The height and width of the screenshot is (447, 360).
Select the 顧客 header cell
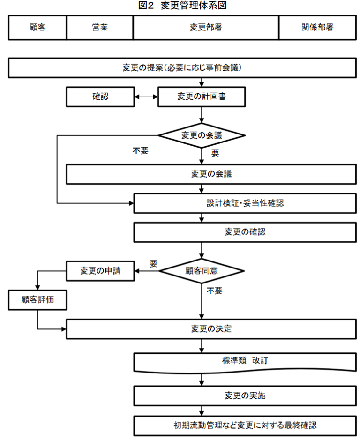(38, 28)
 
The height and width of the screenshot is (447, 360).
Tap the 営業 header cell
(100, 28)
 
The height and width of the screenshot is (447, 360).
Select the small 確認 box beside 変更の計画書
(100, 97)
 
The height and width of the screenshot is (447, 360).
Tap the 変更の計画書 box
(201, 97)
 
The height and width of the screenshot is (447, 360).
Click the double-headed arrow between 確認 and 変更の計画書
(145, 97)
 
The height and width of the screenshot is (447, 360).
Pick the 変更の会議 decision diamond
(201, 135)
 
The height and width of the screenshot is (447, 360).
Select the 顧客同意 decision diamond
(201, 270)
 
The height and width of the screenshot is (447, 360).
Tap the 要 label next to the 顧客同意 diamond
(153, 263)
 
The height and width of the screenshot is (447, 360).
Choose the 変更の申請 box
(100, 271)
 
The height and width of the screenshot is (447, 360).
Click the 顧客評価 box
(37, 300)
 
